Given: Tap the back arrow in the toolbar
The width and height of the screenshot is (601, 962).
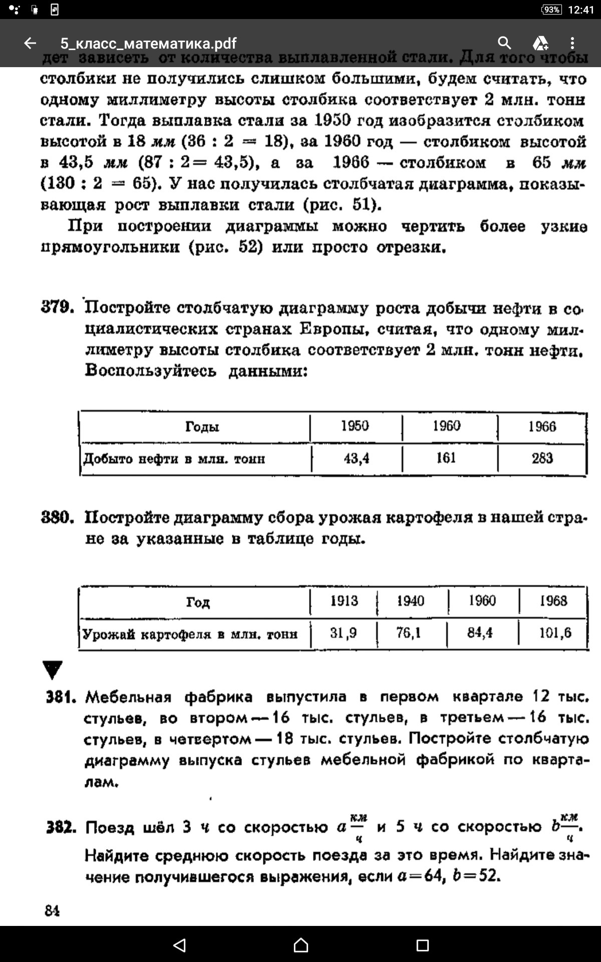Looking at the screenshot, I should tap(30, 43).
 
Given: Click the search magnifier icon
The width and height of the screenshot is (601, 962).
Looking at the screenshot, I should tap(504, 43).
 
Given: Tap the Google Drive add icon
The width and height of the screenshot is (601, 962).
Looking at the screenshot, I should tap(540, 43).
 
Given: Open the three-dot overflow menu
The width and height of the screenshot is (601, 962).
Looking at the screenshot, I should tap(572, 43).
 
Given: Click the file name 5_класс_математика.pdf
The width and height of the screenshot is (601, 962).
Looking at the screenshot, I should tap(148, 43).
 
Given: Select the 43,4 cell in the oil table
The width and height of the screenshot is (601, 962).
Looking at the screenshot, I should tap(356, 458).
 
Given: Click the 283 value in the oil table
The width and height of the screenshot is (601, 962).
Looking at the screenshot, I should tap(542, 458).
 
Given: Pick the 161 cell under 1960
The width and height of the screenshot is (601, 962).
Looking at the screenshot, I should tap(446, 458).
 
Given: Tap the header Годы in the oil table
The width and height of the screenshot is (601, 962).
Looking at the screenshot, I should tap(202, 427).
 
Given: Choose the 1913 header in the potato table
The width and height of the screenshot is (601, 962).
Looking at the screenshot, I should tap(344, 601).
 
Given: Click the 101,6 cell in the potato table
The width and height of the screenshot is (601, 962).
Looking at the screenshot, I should tap(555, 633).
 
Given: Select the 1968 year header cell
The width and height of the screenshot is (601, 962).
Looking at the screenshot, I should tap(553, 601).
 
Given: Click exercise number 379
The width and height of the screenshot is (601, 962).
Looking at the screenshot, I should tap(58, 307).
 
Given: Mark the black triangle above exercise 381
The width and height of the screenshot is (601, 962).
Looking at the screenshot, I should tap(53, 669).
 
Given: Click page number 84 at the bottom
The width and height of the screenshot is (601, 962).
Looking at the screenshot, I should tap(52, 910).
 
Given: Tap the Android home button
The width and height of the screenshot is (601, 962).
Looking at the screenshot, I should tap(300, 945).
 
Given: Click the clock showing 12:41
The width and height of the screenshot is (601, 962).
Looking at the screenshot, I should tap(581, 10).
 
